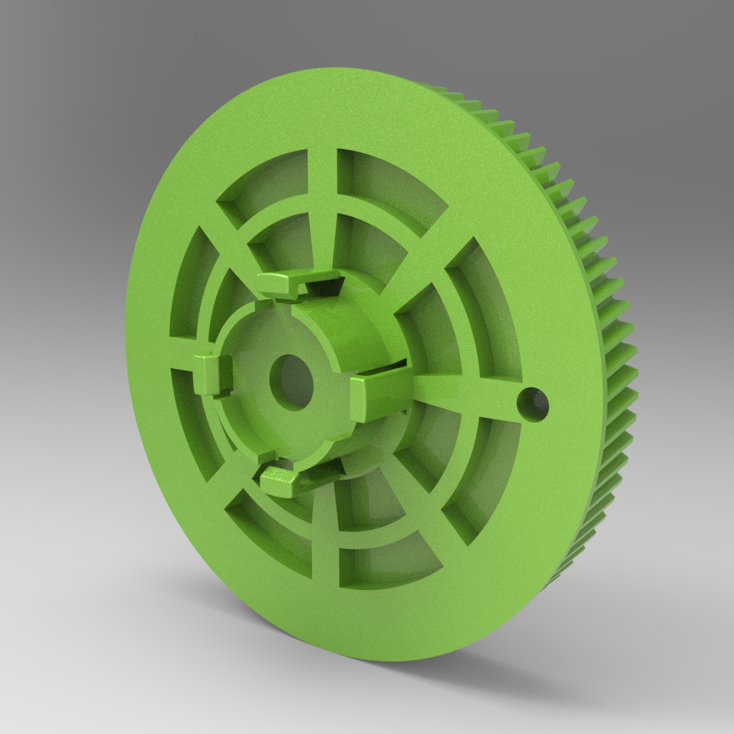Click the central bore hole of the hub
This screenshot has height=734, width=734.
(x=290, y=377)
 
